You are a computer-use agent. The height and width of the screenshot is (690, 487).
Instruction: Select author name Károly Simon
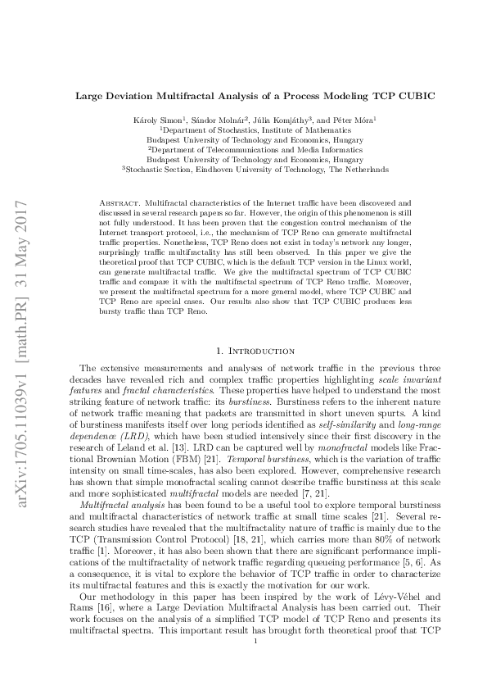157,120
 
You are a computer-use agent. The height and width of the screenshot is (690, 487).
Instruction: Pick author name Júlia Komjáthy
271,120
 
